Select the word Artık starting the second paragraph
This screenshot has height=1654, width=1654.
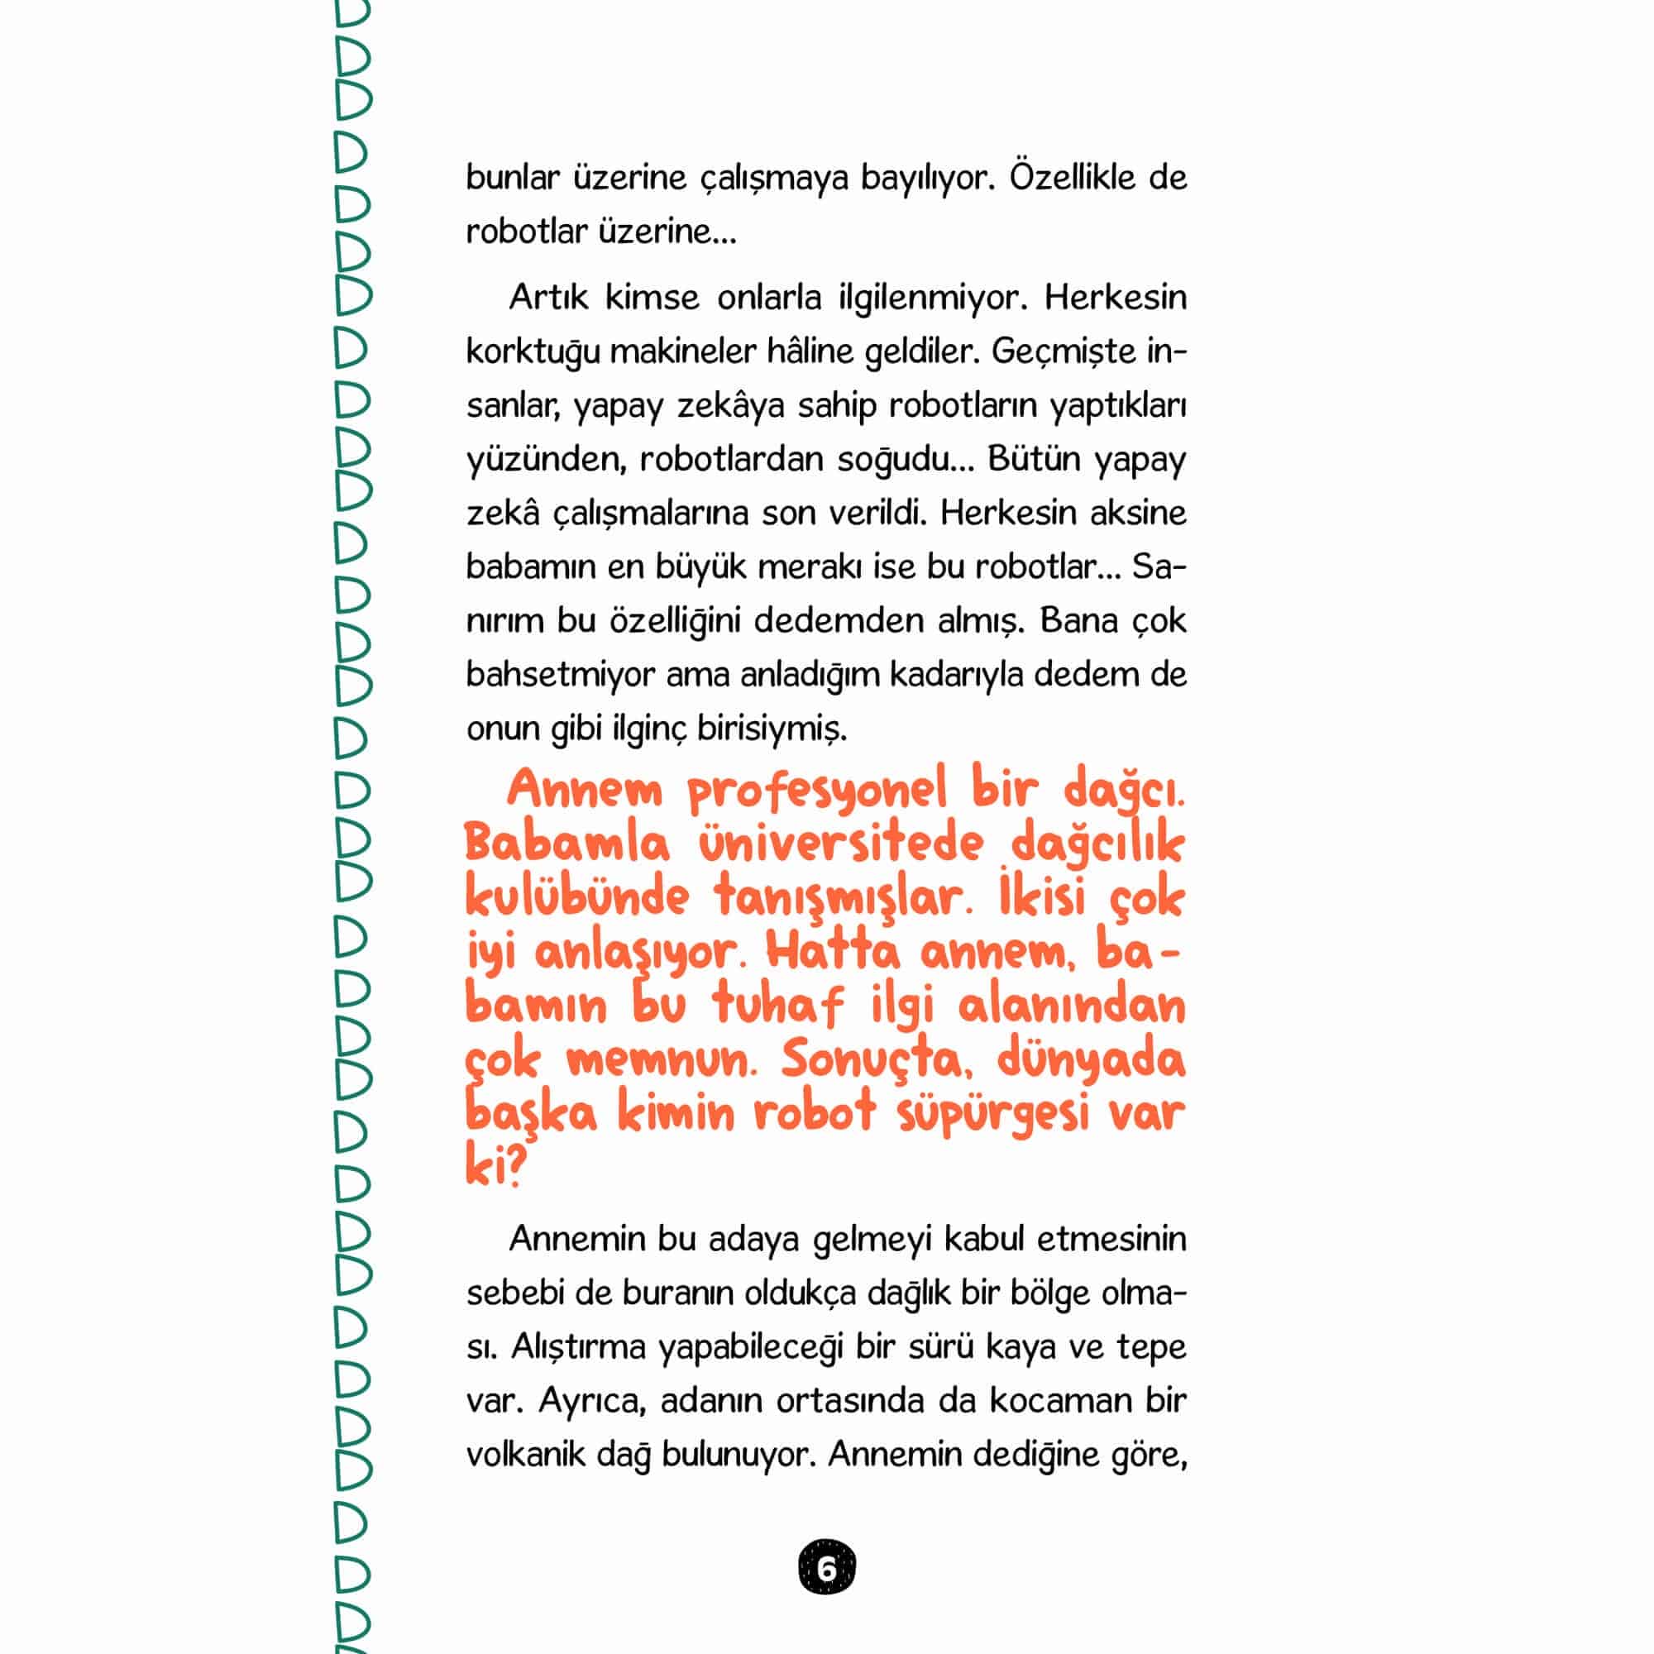pyautogui.click(x=548, y=297)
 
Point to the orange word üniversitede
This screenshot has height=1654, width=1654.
pyautogui.click(x=842, y=844)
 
